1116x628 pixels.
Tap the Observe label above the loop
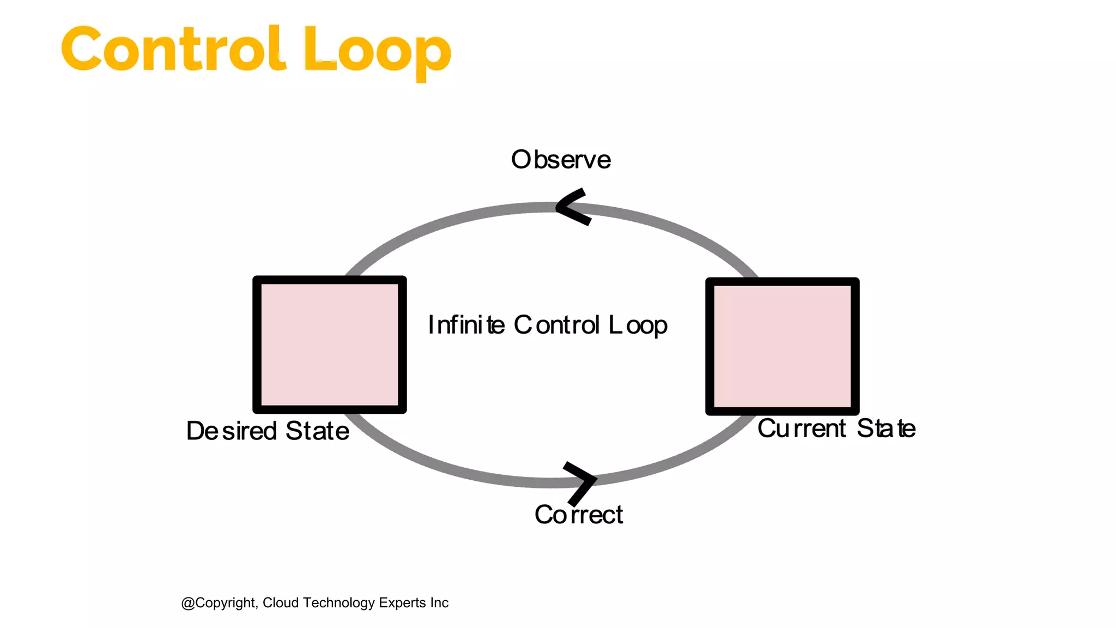click(561, 160)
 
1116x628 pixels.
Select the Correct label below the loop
click(579, 515)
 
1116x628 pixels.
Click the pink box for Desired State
click(330, 345)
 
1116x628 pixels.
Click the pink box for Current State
click(782, 346)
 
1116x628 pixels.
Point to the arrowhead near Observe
click(572, 207)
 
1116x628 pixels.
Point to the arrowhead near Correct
click(581, 481)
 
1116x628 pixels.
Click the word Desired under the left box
click(232, 431)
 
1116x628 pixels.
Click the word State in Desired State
click(317, 431)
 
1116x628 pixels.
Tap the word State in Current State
click(886, 428)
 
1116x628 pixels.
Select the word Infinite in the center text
click(466, 325)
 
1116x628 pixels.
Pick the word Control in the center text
click(557, 325)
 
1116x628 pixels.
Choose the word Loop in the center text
click(638, 326)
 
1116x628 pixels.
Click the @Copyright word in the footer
click(219, 603)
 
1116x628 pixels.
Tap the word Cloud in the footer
click(281, 602)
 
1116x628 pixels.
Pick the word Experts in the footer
click(402, 603)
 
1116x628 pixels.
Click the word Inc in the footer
click(439, 602)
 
